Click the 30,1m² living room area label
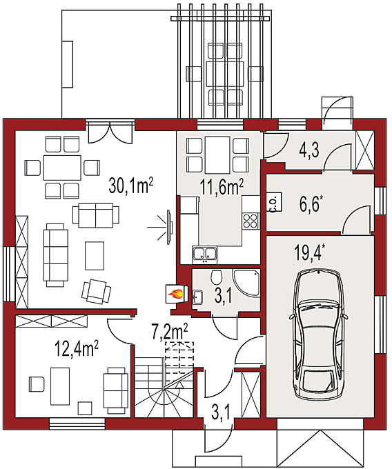point(130,186)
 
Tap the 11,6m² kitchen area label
point(222,188)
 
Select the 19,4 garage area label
point(309,252)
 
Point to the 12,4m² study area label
point(77,349)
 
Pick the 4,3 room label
point(309,150)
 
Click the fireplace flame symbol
point(175,295)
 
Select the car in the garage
point(319,334)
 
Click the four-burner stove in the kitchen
point(251,221)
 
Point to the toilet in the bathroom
point(216,277)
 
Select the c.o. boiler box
point(275,202)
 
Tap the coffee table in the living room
point(95,256)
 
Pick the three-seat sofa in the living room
point(56,255)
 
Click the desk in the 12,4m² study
point(60,386)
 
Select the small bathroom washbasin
point(197,297)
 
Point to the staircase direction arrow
point(180,385)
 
